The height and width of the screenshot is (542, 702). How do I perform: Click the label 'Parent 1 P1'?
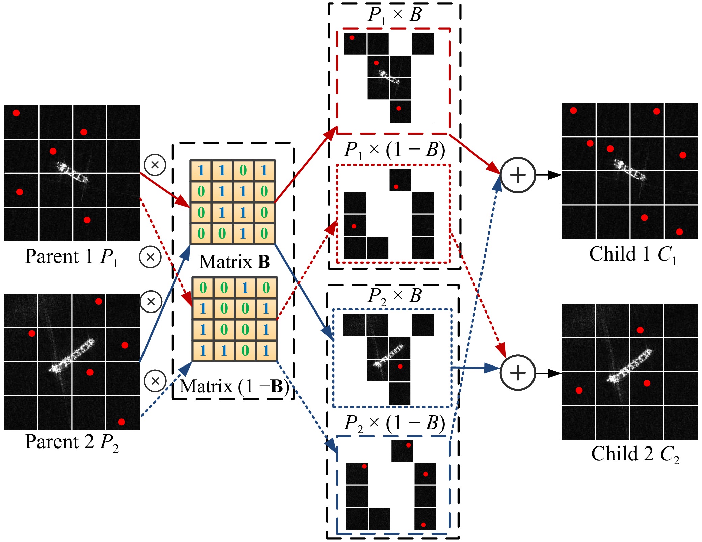click(72, 257)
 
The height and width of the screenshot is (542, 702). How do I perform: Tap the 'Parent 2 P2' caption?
click(72, 442)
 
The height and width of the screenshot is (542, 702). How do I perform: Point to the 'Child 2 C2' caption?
click(635, 454)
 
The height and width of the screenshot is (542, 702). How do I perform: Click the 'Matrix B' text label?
click(234, 262)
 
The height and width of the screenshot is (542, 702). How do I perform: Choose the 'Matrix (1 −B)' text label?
click(234, 387)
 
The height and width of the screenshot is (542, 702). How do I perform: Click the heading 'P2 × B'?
click(394, 296)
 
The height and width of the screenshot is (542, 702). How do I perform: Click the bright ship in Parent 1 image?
click(72, 172)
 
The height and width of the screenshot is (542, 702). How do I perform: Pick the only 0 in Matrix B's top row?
click(243, 170)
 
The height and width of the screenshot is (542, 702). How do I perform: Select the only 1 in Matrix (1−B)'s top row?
click(245, 288)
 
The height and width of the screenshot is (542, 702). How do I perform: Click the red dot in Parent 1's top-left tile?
click(16, 113)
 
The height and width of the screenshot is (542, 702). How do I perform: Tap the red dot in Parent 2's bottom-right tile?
click(122, 422)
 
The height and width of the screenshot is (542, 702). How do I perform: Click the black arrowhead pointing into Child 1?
click(555, 175)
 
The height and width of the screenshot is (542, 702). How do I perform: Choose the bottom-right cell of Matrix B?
click(264, 233)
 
